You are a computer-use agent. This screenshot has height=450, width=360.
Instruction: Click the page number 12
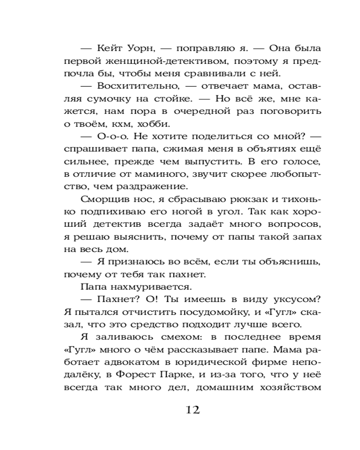tap(192, 410)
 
